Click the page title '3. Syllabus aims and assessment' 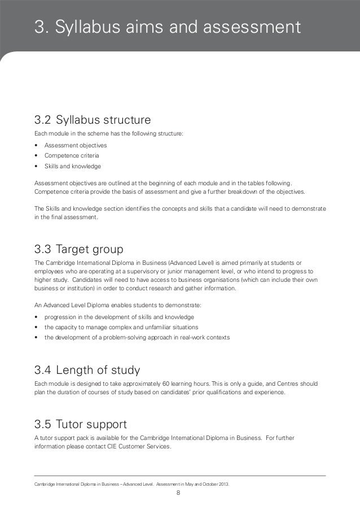[164, 26]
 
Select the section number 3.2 [42, 120]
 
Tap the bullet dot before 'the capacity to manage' [36, 327]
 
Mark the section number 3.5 [42, 424]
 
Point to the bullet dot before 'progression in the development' [36, 317]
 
